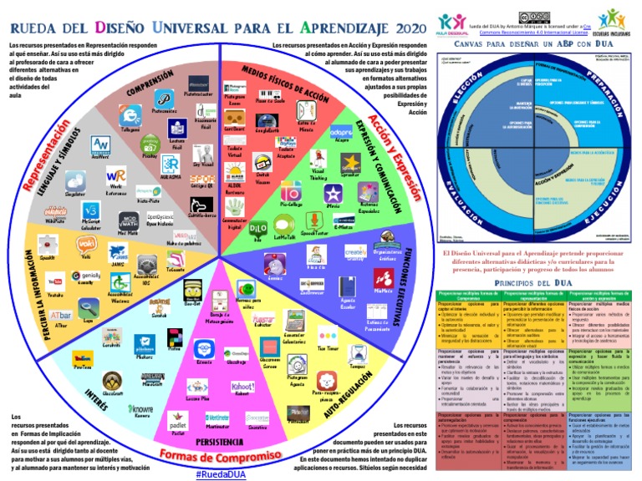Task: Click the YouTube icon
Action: click(55, 280)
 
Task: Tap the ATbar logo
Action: click(60, 314)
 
